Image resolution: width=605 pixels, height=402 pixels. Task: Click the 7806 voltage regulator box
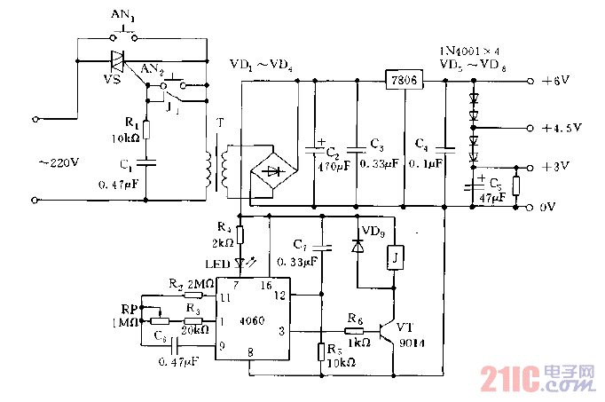point(403,81)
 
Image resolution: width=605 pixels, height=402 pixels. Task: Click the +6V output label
point(558,82)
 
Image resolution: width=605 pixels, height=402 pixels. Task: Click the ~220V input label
point(59,164)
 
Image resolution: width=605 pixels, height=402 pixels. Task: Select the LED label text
point(218,264)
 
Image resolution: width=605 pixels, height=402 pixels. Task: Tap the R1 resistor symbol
point(147,131)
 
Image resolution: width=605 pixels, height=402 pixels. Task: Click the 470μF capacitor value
point(327,165)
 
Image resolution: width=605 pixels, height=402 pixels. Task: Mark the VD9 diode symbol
point(357,245)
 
